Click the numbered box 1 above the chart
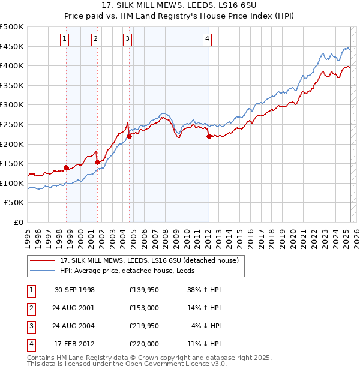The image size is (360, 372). click(64, 40)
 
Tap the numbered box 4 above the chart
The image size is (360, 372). click(206, 40)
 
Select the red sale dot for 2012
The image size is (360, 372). click(209, 136)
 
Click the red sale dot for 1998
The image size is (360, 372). click(67, 167)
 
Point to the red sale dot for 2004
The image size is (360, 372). click(129, 136)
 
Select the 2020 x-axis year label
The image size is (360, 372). click(293, 234)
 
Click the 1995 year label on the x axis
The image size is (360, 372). click(28, 234)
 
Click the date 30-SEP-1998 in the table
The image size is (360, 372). click(74, 290)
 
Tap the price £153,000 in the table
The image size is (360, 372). click(143, 308)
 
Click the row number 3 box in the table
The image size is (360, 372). click(31, 326)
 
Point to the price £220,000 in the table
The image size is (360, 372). click(143, 344)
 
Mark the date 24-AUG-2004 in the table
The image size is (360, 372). click(74, 326)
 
